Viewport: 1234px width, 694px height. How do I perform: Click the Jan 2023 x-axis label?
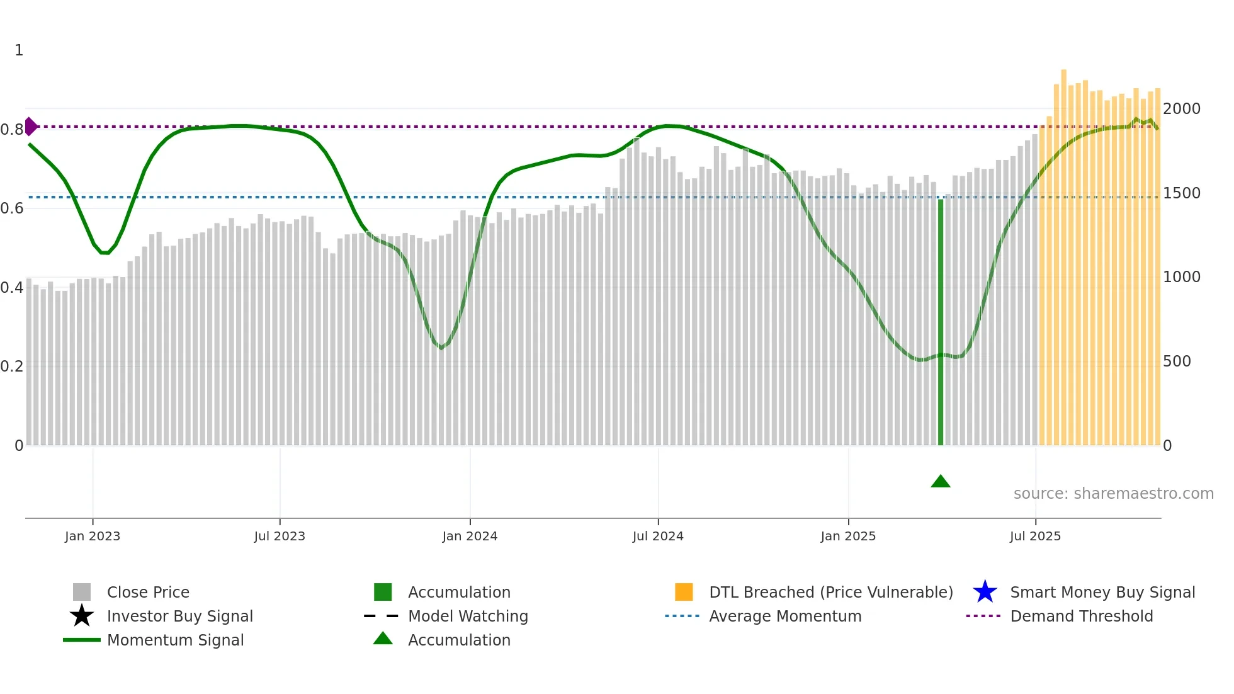pyautogui.click(x=93, y=536)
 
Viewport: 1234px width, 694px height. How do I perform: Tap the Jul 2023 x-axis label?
pyautogui.click(x=280, y=536)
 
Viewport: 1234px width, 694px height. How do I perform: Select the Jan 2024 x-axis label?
pyautogui.click(x=470, y=536)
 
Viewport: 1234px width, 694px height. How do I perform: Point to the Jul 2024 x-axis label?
pyautogui.click(x=658, y=536)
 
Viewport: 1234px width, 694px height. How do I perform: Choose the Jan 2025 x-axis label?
pyautogui.click(x=848, y=536)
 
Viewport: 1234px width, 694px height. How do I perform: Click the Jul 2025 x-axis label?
pyautogui.click(x=1035, y=536)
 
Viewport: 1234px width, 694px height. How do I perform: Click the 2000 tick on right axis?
pyautogui.click(x=1181, y=109)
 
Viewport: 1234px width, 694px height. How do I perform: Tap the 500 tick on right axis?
pyautogui.click(x=1177, y=361)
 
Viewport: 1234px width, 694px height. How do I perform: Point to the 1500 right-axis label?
pyautogui.click(x=1181, y=193)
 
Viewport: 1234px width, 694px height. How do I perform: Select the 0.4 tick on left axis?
pyautogui.click(x=12, y=288)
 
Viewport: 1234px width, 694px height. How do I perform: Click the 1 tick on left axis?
pyautogui.click(x=19, y=50)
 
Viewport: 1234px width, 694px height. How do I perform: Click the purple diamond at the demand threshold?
pyautogui.click(x=30, y=127)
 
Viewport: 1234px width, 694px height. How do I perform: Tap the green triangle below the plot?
pyautogui.click(x=940, y=482)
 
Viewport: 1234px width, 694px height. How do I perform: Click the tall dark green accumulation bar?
pyautogui.click(x=941, y=321)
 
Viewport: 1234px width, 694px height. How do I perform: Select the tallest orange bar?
pyautogui.click(x=1063, y=252)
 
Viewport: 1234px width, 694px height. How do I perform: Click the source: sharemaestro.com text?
pyautogui.click(x=1113, y=494)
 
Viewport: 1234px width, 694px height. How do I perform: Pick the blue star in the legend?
pyautogui.click(x=985, y=592)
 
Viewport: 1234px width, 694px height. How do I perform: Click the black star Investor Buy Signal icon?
pyautogui.click(x=82, y=616)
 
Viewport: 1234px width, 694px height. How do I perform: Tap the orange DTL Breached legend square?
pyautogui.click(x=684, y=592)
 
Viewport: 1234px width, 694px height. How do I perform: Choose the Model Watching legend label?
pyautogui.click(x=468, y=616)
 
